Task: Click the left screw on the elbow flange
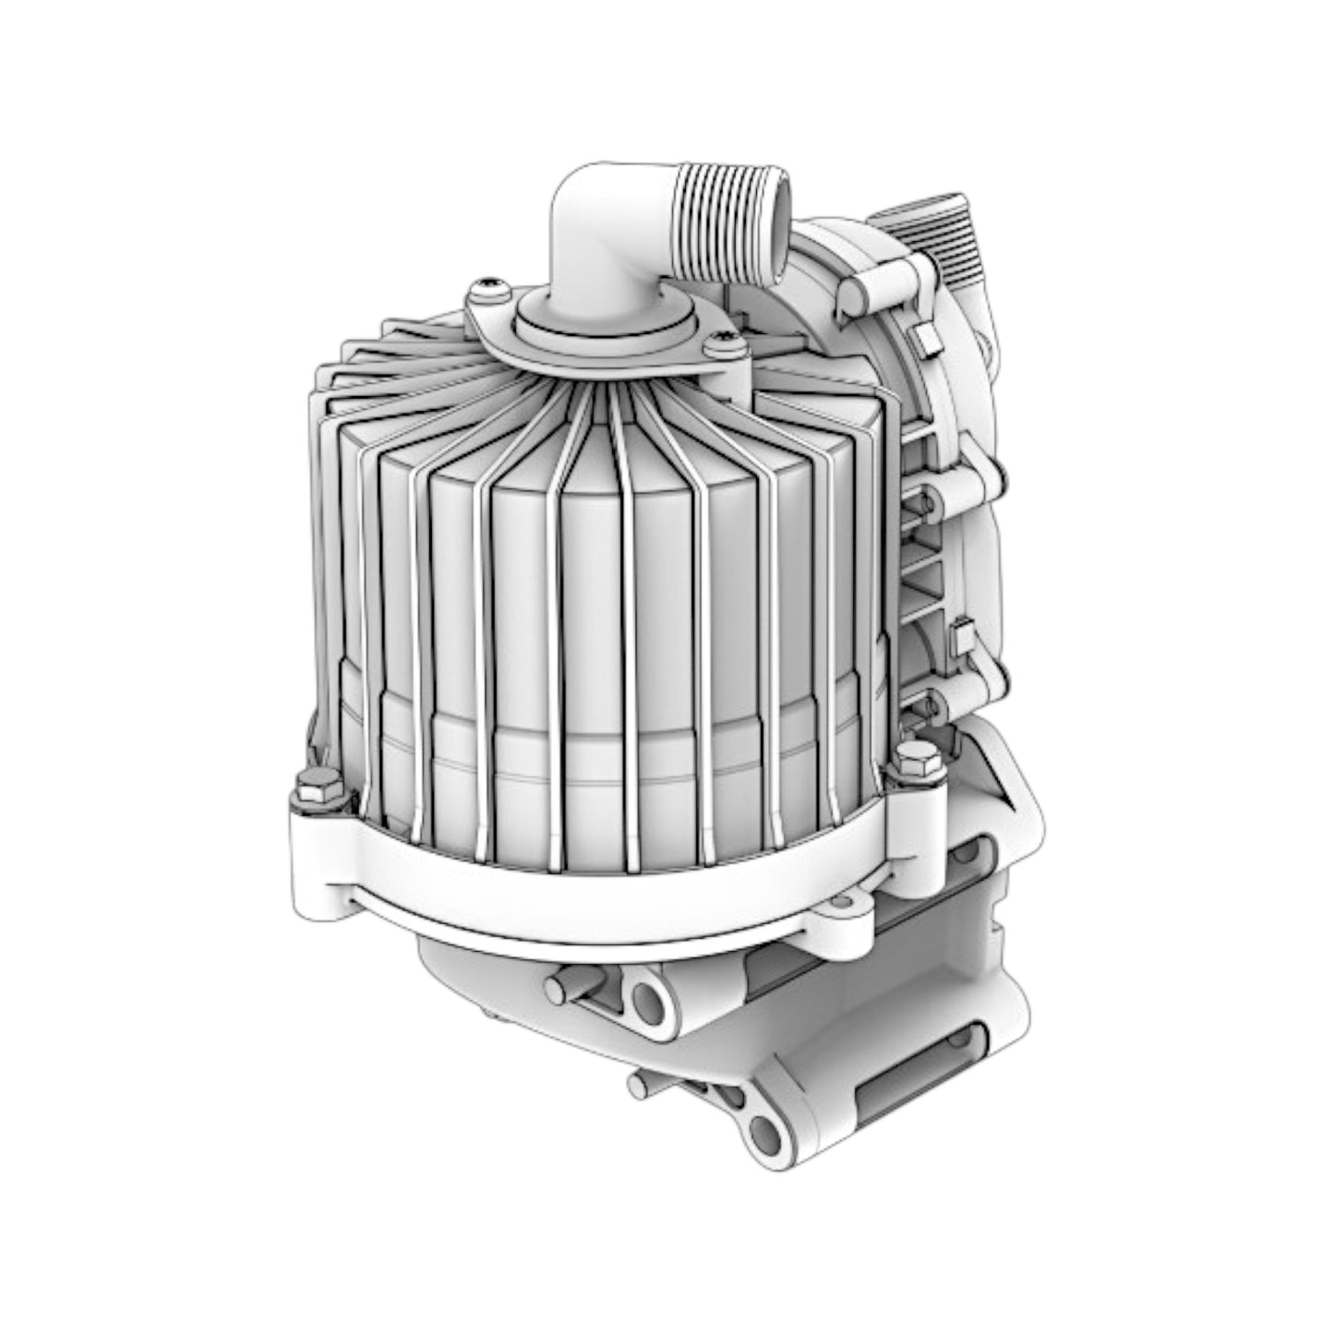click(487, 290)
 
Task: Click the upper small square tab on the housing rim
click(926, 340)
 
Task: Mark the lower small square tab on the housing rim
click(959, 636)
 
